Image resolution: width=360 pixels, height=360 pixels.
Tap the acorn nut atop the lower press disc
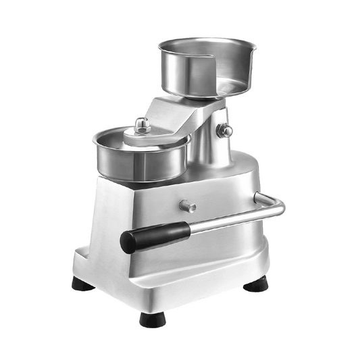click(142, 125)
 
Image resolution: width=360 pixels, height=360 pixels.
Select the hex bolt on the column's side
click(226, 130)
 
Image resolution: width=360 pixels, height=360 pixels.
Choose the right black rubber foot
click(256, 284)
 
